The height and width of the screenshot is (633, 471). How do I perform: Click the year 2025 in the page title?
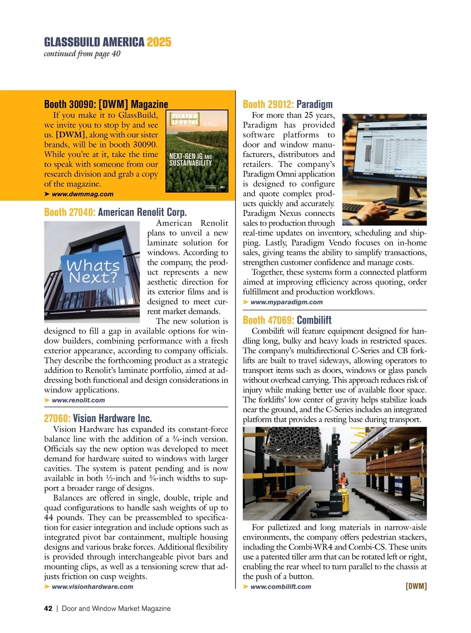point(159,42)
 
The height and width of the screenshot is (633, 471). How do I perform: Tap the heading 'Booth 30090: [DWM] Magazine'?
point(106,104)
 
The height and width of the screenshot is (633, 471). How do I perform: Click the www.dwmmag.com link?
point(82,194)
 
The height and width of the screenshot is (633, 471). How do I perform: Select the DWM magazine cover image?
point(197,151)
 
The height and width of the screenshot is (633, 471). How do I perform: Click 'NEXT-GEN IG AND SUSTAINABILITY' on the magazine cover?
point(190,160)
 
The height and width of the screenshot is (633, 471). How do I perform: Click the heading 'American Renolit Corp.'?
point(142,212)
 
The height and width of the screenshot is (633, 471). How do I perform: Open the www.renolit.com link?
point(78,400)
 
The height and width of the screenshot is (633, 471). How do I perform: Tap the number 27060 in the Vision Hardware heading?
point(57,418)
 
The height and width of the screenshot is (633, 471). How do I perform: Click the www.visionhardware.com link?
point(92,587)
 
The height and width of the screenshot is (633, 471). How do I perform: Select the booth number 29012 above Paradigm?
point(279,104)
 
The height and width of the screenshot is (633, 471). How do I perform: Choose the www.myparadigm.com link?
point(286,302)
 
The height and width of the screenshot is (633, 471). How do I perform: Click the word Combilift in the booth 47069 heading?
point(314,320)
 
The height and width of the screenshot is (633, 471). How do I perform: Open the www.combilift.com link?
point(280,587)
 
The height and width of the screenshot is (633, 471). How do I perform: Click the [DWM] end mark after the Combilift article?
point(416,586)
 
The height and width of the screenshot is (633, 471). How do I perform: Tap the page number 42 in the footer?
point(48,609)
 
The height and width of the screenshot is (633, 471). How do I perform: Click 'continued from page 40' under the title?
point(82,54)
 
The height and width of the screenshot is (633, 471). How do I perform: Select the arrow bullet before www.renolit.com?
point(47,400)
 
